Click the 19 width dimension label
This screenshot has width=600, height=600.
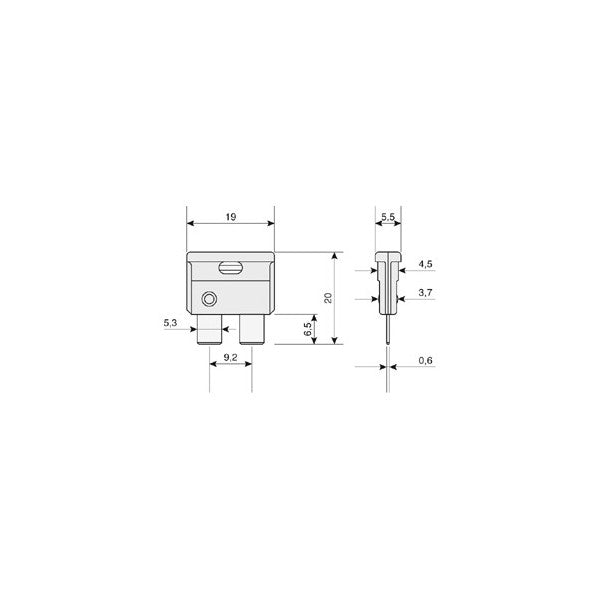231,217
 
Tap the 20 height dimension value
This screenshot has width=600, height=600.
328,298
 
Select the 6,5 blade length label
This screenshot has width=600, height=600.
308,329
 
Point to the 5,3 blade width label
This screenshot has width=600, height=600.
170,323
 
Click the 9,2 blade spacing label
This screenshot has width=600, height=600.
230,357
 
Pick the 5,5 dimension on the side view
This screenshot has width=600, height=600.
388,217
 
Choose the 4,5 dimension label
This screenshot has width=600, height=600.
425,264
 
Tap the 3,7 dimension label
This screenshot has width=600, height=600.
425,293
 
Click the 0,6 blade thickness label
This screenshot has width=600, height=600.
425,360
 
